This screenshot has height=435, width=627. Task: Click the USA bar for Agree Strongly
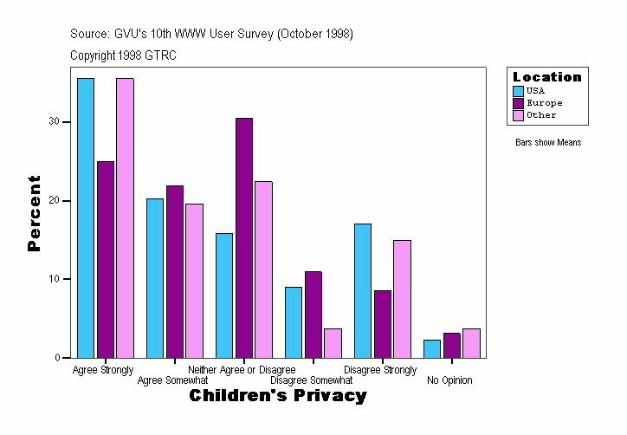click(x=86, y=217)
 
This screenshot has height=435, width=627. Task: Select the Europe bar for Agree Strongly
click(x=106, y=259)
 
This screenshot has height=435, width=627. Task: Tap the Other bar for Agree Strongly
click(x=125, y=217)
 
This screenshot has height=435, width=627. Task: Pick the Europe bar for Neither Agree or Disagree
click(x=244, y=237)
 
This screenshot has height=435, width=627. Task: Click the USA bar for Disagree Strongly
click(x=363, y=290)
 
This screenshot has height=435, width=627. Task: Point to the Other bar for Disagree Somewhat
click(x=333, y=342)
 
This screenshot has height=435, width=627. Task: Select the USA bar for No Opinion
click(x=432, y=348)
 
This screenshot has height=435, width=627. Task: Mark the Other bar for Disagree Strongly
click(x=402, y=298)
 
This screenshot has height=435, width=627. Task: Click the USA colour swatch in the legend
click(x=519, y=91)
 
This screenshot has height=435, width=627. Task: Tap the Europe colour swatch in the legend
click(x=519, y=103)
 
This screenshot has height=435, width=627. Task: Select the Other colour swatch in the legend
click(x=519, y=115)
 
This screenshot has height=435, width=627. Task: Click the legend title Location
click(x=547, y=77)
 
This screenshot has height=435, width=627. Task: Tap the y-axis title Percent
click(x=34, y=213)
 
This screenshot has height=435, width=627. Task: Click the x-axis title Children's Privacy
click(x=278, y=396)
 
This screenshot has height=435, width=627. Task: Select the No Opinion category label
click(x=449, y=380)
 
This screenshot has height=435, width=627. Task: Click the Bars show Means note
click(x=548, y=143)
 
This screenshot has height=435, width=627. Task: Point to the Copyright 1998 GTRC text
click(x=124, y=55)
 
